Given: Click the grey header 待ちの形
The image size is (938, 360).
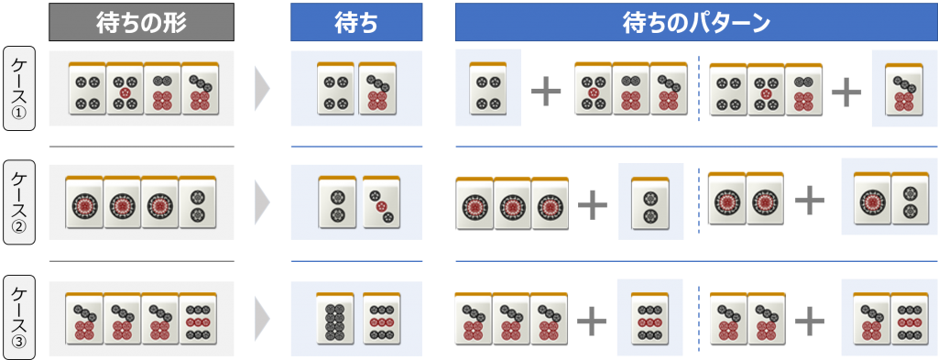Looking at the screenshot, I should (141, 22).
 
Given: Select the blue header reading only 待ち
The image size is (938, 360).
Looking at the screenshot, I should (356, 22).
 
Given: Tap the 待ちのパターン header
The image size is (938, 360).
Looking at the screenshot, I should (695, 22).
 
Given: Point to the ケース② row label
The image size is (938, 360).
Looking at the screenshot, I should (20, 201).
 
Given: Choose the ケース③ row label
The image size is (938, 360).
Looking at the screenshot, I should (20, 316).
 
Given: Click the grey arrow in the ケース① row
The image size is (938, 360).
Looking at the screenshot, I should (262, 89).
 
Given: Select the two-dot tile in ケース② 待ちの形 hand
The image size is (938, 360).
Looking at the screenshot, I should (198, 202).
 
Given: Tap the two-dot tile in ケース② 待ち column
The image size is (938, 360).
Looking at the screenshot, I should (336, 202).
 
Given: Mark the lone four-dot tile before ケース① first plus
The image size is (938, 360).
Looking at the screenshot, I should (486, 89).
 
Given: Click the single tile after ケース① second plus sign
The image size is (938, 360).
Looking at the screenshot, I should (903, 89).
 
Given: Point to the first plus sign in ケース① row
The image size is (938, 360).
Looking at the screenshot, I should (547, 91).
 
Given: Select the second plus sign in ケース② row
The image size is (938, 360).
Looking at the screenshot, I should (809, 201).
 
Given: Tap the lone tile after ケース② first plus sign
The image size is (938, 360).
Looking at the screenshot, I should (649, 201).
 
